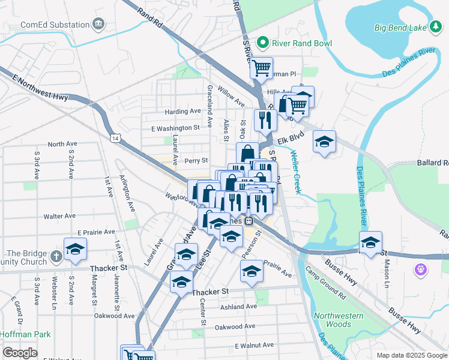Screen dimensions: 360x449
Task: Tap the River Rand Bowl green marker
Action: (x=262, y=43)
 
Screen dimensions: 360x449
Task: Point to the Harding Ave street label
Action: (x=182, y=112)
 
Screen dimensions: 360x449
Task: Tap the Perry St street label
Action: (x=196, y=161)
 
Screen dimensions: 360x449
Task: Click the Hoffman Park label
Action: (x=25, y=335)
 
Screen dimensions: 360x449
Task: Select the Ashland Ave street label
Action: (x=238, y=307)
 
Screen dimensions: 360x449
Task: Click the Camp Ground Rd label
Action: (x=325, y=283)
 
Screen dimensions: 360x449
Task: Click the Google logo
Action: (x=20, y=352)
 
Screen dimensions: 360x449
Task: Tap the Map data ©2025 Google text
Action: (x=411, y=355)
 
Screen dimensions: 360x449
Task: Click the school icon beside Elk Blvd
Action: (x=325, y=142)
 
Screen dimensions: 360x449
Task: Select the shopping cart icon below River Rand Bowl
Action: (x=261, y=68)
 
